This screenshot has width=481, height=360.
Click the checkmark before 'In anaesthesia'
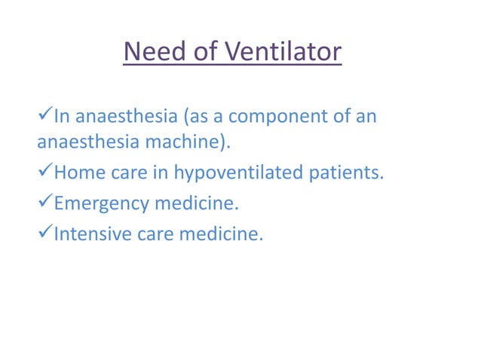coord(44,117)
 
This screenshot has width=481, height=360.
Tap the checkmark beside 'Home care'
coord(44,172)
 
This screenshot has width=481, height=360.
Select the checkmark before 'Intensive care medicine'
coord(44,234)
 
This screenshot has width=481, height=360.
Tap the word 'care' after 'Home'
coord(129,173)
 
